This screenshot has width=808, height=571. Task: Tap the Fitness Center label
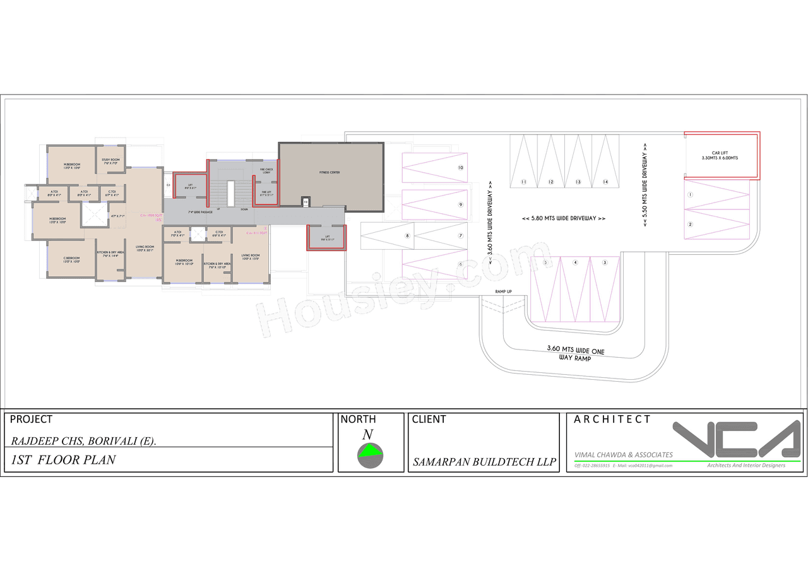pos(330,172)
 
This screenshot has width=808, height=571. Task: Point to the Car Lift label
pos(720,155)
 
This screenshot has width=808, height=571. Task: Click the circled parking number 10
pos(461,168)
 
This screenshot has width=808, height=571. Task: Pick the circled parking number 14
pos(605,182)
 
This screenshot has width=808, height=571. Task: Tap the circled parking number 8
pos(408,236)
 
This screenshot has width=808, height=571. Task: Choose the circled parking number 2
pos(690,225)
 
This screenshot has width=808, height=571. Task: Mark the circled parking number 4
pos(575,262)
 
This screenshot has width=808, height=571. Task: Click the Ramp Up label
pos(503,291)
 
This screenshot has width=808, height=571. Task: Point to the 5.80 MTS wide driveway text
pos(564,218)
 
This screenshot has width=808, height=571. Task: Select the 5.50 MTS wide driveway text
pos(645,184)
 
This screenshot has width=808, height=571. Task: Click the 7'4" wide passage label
pos(199,212)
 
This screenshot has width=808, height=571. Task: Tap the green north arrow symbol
pos(371,450)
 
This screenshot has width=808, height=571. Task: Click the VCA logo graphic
pos(737,439)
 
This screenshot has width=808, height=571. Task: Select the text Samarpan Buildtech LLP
pos(484,462)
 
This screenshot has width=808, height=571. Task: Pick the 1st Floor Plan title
pos(63,460)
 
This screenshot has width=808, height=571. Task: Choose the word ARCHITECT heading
pos(612,419)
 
